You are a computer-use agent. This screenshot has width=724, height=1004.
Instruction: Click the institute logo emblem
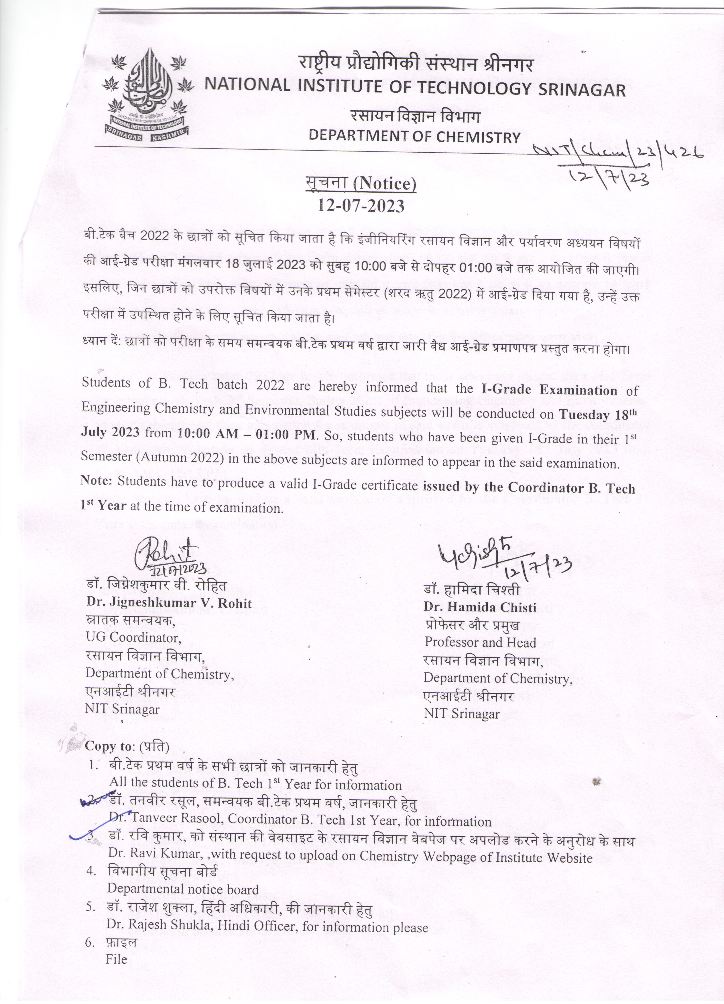point(146,95)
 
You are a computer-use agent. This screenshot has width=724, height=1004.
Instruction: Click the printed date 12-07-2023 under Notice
point(361,206)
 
